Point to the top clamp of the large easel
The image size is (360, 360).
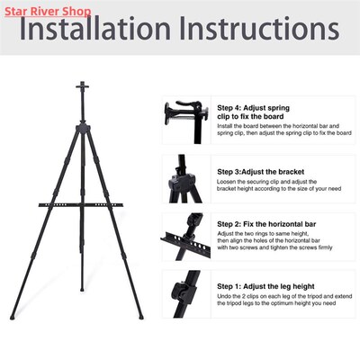82,88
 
